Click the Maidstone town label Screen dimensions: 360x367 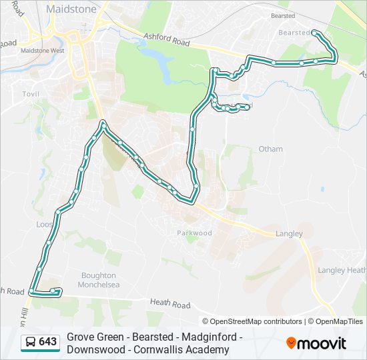point(71,9)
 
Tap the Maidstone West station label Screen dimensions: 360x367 point(43,50)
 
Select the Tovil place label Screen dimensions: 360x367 point(31,95)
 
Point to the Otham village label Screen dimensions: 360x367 point(270,149)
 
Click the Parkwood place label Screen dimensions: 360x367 point(194,233)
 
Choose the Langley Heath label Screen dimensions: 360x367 point(342,270)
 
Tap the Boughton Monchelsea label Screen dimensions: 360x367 point(99,280)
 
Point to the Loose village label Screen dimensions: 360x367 point(44,225)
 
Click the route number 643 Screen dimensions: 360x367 point(47,342)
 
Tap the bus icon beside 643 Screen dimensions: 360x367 point(31,342)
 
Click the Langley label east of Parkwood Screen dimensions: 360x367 point(289,233)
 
